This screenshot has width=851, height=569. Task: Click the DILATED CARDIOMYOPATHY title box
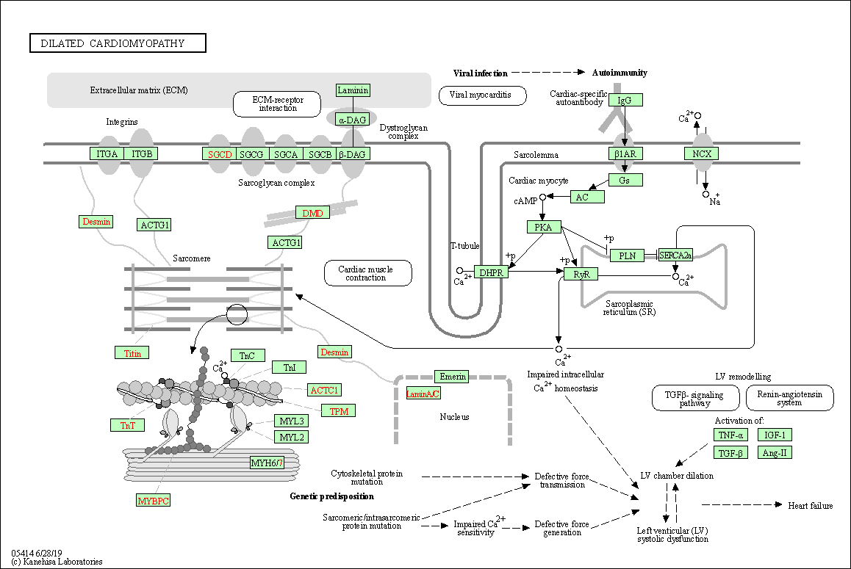pos(118,43)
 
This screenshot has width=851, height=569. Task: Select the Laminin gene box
pos(353,90)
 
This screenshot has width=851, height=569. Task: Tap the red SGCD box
pos(220,154)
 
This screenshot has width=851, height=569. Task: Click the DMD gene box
pos(312,213)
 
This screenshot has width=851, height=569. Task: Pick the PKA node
pos(544,228)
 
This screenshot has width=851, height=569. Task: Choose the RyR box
pos(581,274)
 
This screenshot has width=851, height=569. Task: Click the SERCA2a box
pos(675,255)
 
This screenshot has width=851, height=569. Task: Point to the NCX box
pos(701,153)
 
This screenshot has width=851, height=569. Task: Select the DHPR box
pos(491,272)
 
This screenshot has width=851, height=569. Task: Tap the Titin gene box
pos(132,353)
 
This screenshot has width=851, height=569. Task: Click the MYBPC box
pos(154,501)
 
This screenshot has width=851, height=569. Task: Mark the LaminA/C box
pos(423,394)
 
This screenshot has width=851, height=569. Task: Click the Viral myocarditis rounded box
pos(483,95)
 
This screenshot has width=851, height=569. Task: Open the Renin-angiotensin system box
pos(789,398)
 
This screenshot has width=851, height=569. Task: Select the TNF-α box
pos(730,435)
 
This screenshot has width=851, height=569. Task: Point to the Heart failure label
pos(811,505)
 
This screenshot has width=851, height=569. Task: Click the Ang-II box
pos(775,452)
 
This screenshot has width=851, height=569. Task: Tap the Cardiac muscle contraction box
pos(367,273)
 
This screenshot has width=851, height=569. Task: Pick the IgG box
pos(625,100)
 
